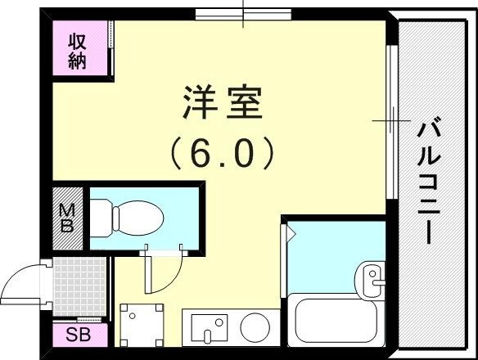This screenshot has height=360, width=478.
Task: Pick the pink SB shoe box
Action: tap(79, 334)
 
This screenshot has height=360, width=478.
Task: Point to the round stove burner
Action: tap(256, 326)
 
